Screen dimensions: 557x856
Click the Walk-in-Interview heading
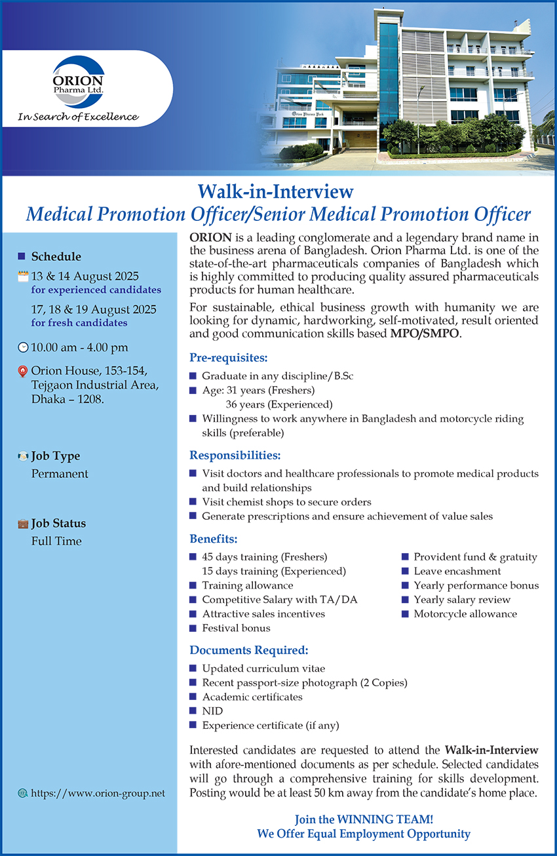click(x=275, y=191)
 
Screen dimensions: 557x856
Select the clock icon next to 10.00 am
click(x=24, y=347)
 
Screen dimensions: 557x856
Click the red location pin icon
click(x=23, y=372)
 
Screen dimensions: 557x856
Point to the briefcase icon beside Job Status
click(x=23, y=524)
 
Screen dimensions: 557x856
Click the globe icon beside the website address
click(x=23, y=793)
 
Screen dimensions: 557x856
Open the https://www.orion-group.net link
click(x=98, y=793)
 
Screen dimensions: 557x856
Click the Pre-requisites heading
click(x=229, y=358)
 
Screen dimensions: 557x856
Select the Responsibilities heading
click(x=235, y=455)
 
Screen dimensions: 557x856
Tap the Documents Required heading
click(x=249, y=650)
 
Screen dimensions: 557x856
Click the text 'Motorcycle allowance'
click(x=465, y=613)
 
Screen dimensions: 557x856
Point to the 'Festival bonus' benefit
click(x=236, y=628)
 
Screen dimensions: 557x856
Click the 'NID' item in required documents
click(x=212, y=710)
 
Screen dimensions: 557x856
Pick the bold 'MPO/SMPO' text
click(x=425, y=334)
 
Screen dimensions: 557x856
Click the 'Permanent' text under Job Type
click(x=60, y=474)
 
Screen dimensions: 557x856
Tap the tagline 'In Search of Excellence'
click(x=78, y=117)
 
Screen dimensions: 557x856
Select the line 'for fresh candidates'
click(x=79, y=323)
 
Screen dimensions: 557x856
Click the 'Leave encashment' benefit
click(x=457, y=571)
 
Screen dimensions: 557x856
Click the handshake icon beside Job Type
click(x=23, y=456)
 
